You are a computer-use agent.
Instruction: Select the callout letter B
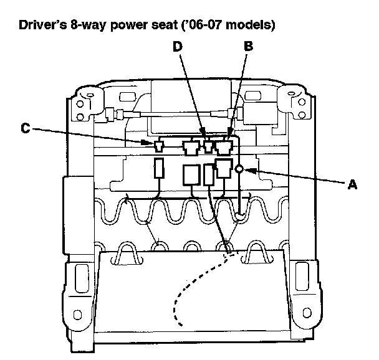[248, 45]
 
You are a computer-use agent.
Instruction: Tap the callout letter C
[25, 129]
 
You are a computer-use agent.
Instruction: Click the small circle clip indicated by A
[239, 168]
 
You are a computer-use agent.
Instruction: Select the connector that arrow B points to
[224, 147]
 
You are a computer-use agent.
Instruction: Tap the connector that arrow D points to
[209, 147]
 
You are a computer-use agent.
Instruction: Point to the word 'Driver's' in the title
[42, 27]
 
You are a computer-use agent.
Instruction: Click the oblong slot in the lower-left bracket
[79, 275]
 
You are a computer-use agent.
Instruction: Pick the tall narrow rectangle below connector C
[158, 169]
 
